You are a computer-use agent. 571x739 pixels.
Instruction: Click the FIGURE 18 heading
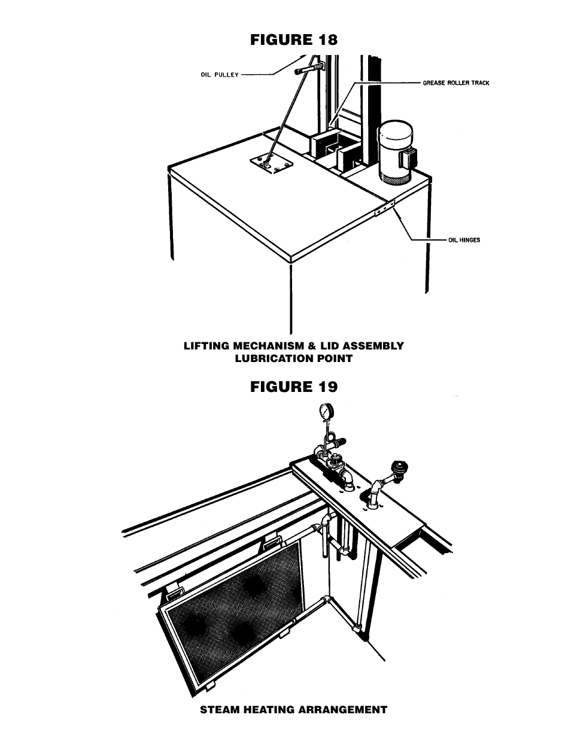(x=294, y=40)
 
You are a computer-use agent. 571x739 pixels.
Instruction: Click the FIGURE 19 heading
(x=294, y=387)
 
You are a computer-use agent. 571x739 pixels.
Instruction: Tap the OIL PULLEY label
(x=220, y=75)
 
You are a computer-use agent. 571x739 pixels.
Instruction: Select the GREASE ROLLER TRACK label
(x=456, y=83)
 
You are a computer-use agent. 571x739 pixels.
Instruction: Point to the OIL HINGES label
(x=464, y=240)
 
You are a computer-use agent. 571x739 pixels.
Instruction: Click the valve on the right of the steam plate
(x=397, y=470)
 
